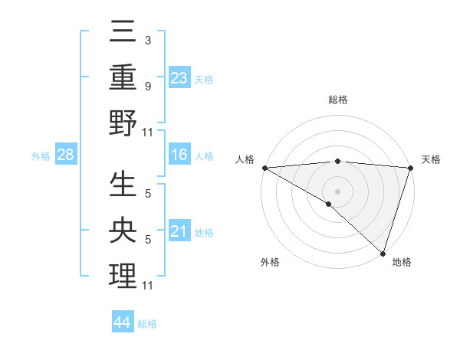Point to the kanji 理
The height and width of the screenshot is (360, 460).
pyautogui.click(x=123, y=276)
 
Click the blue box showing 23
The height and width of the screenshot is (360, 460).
pyautogui.click(x=179, y=77)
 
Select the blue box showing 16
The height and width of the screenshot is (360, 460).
pyautogui.click(x=179, y=155)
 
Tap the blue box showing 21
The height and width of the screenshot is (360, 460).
pyautogui.click(x=179, y=232)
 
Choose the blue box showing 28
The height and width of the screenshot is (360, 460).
pyautogui.click(x=66, y=155)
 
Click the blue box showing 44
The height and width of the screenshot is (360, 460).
pyautogui.click(x=122, y=322)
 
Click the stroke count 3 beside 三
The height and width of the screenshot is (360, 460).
pyautogui.click(x=148, y=39)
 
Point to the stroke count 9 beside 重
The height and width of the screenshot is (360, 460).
pyautogui.click(x=148, y=86)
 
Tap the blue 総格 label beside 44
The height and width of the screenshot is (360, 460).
pyautogui.click(x=147, y=324)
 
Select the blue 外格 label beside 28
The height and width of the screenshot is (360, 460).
pyautogui.click(x=41, y=156)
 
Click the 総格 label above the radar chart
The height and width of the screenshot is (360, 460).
pyautogui.click(x=337, y=100)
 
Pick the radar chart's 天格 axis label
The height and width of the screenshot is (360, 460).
pyautogui.click(x=432, y=159)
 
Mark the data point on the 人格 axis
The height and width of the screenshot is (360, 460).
pyautogui.click(x=264, y=168)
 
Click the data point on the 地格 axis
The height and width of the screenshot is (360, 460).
pyautogui.click(x=383, y=253)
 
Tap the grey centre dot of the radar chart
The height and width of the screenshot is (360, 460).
pyautogui.click(x=337, y=191)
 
